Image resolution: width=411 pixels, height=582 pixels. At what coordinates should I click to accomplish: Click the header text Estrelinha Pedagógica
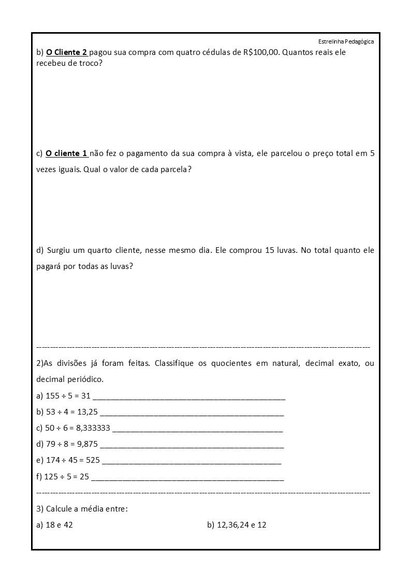point(346,41)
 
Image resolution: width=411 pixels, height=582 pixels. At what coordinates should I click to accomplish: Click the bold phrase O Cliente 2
point(67,52)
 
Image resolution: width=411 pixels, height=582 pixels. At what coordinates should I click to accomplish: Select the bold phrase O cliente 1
point(67,153)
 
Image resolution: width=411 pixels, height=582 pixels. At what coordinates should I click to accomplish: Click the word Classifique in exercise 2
point(174,363)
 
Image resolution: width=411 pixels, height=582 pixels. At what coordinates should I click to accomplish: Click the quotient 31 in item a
point(86,396)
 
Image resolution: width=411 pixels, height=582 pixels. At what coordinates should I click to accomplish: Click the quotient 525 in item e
point(93,460)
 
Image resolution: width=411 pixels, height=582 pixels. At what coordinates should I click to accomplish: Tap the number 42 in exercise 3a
point(68,525)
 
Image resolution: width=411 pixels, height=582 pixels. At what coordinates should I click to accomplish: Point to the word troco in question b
point(86,63)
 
